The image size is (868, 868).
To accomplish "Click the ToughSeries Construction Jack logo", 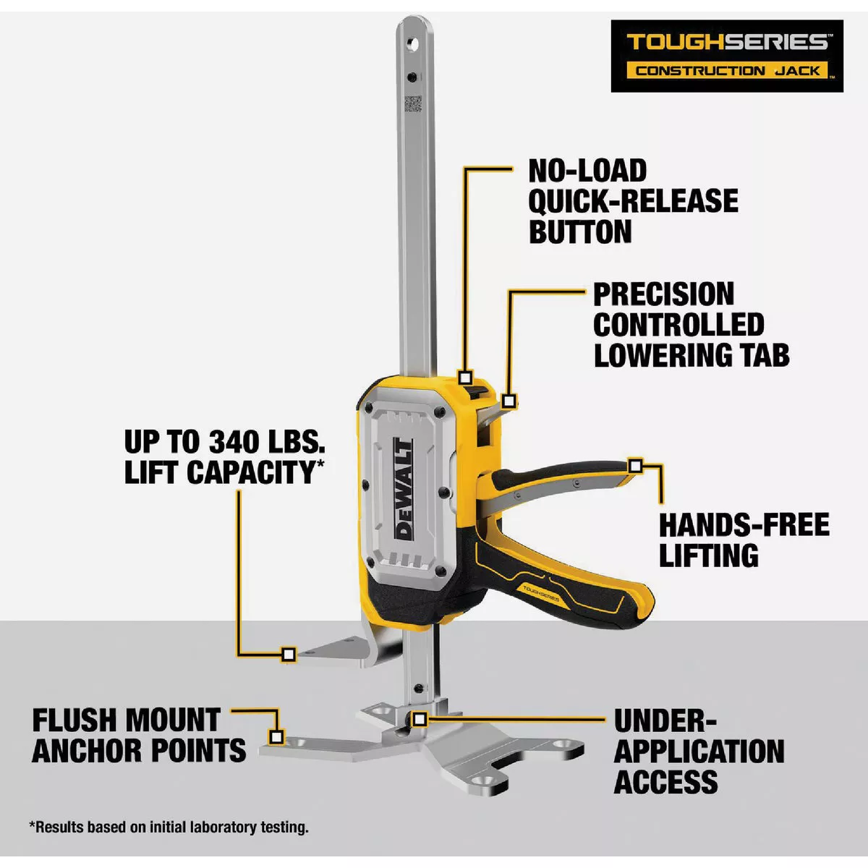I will [727, 56].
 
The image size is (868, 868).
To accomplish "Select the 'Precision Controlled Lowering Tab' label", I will [691, 325].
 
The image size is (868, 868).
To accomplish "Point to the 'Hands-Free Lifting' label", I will [744, 540].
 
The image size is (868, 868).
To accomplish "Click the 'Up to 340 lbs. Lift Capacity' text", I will [224, 456].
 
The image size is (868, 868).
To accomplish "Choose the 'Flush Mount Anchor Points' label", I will [139, 736].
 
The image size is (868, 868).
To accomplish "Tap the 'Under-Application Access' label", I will [699, 751].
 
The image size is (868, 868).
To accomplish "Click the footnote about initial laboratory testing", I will [169, 827].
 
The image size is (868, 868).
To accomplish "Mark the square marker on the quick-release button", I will [466, 378].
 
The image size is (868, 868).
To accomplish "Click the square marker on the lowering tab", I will [509, 401].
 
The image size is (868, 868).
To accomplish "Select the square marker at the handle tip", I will [635, 466].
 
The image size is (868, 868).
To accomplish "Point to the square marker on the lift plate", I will [288, 655].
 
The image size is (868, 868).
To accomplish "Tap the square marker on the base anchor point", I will [276, 737].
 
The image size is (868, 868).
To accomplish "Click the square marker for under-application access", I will [420, 719].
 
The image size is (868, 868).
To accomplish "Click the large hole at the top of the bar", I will [414, 44].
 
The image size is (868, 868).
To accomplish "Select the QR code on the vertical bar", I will [412, 103].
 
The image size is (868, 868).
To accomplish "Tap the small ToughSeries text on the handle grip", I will [535, 589].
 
